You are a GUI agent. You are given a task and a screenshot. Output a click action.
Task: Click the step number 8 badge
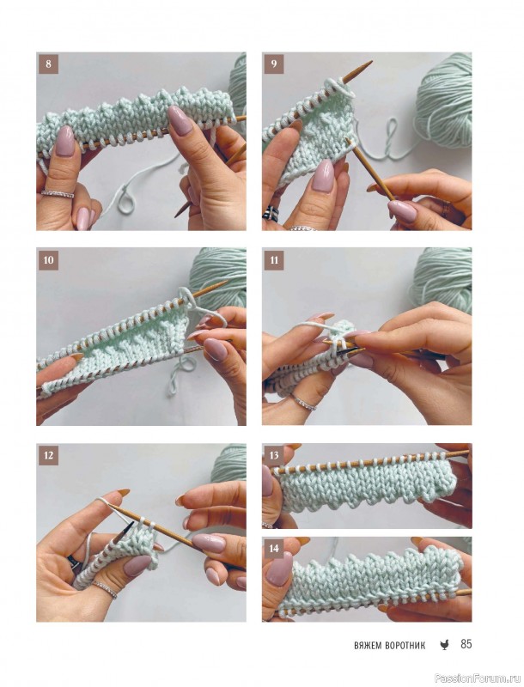point(48,64)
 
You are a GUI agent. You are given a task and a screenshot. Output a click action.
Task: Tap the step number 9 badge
point(274,64)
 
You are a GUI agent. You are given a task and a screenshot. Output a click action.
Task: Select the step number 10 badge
point(48,260)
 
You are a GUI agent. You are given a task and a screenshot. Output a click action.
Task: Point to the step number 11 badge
point(274,260)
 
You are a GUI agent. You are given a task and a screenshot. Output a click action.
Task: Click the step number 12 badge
point(48,455)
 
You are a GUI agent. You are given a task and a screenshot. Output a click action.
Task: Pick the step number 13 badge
point(274,455)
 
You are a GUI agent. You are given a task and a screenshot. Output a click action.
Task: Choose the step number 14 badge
point(274,548)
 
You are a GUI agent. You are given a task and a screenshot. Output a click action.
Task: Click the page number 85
point(466,644)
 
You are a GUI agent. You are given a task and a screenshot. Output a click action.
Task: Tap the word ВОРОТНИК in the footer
point(405,646)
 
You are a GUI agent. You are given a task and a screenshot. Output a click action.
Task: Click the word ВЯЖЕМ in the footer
point(368,646)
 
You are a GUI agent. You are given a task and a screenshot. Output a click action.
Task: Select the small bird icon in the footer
point(444,645)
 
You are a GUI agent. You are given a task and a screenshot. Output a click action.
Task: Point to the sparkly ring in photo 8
point(58,193)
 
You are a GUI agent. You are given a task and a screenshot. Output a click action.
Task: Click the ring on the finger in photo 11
point(303,403)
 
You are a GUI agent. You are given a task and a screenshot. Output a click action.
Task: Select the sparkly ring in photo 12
point(104,589)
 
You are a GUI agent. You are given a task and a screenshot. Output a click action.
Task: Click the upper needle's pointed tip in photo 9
point(371,62)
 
